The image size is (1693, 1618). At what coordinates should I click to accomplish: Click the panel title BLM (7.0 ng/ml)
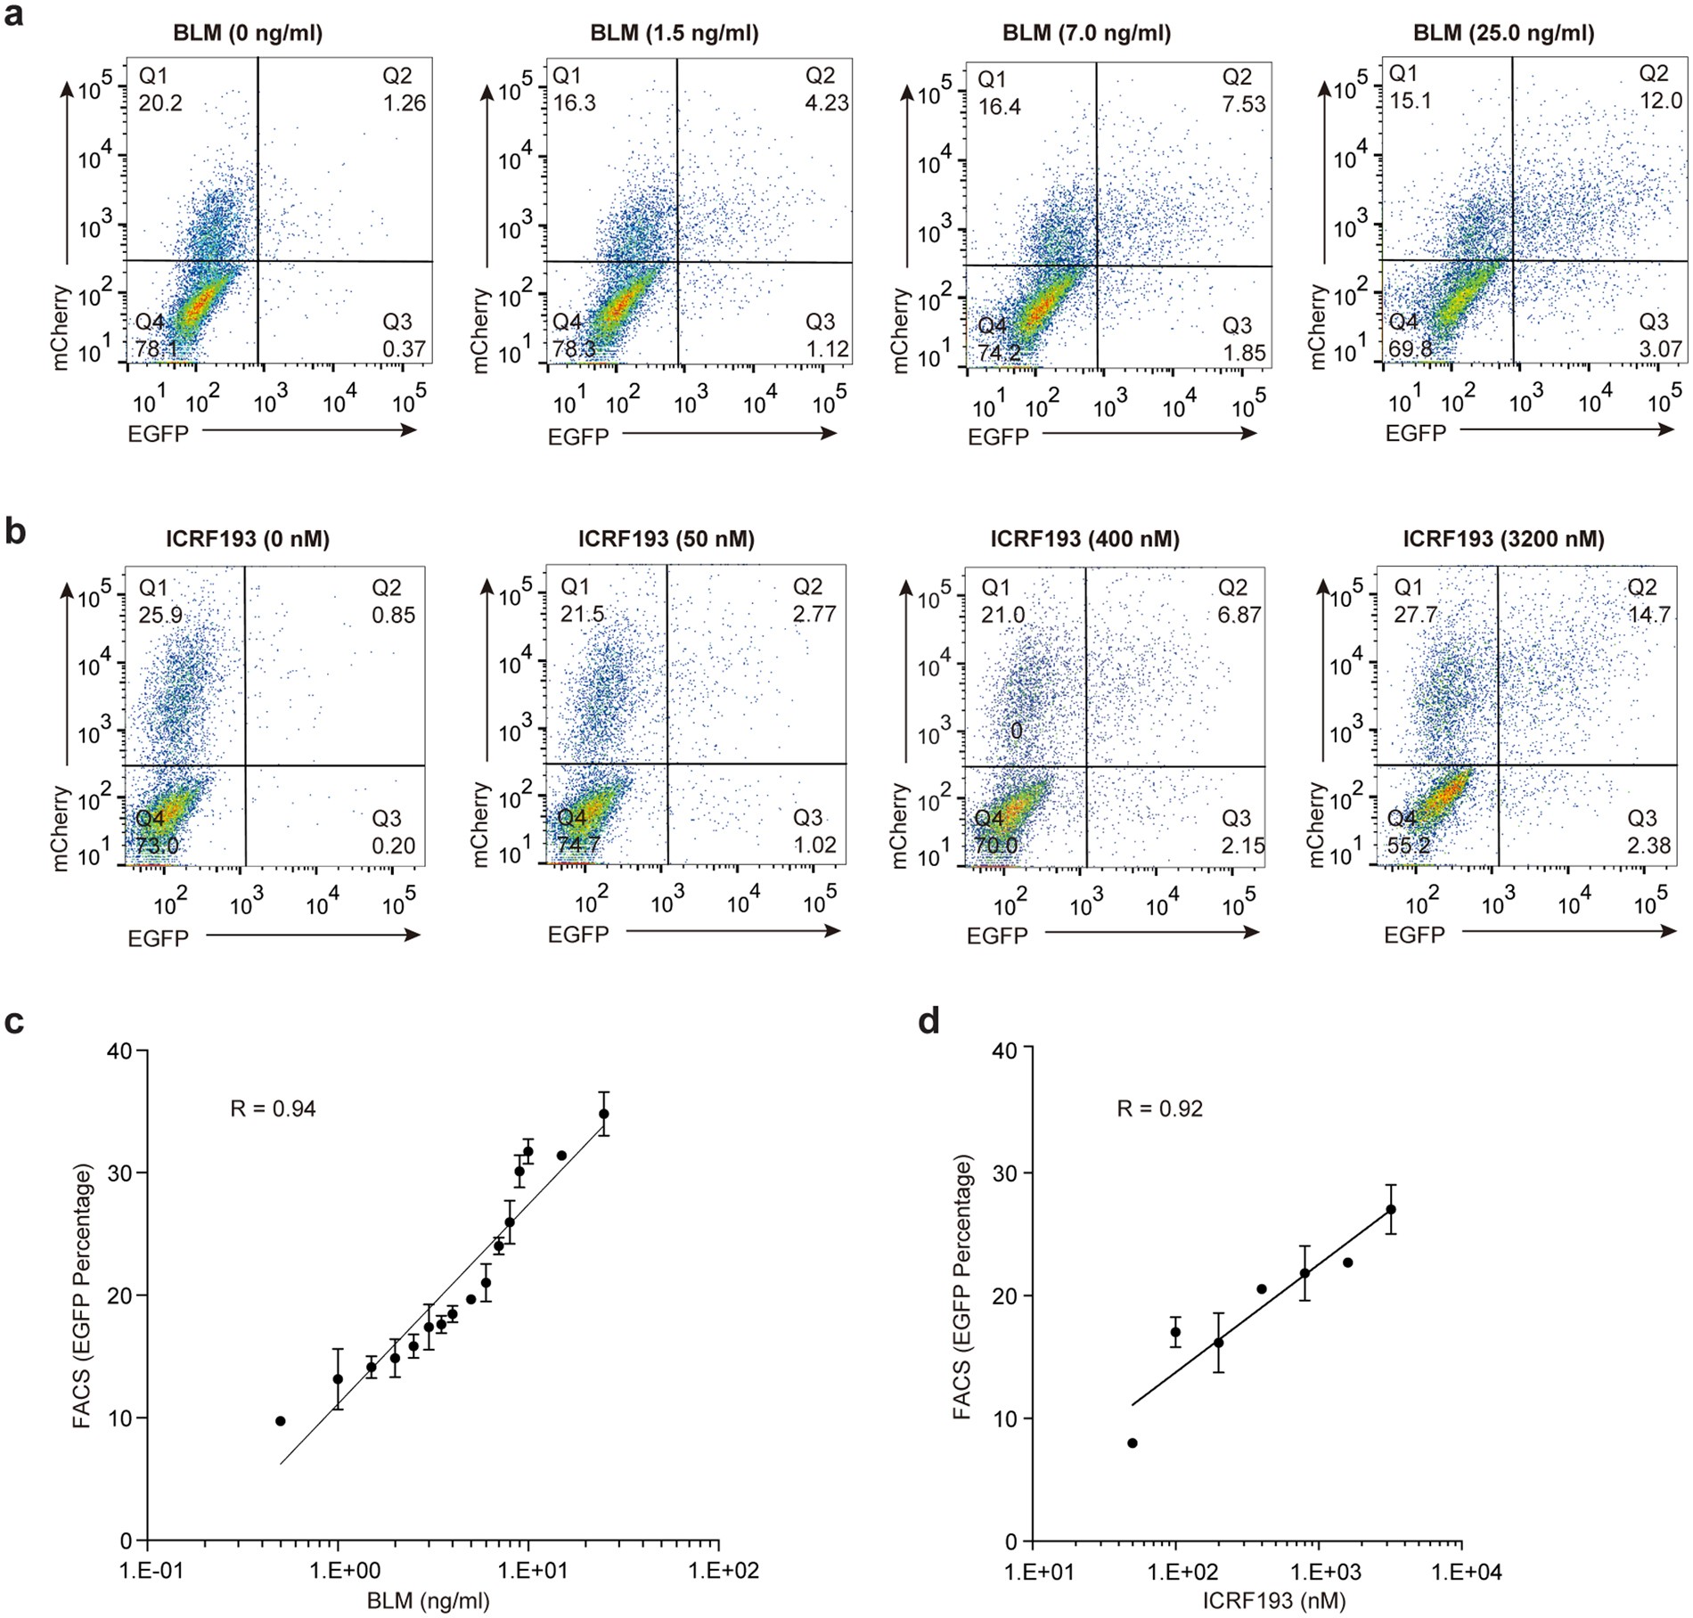pos(1086,34)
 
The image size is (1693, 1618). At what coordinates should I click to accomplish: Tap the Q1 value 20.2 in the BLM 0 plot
pos(160,103)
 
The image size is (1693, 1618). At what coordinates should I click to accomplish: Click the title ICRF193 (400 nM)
pos(1084,539)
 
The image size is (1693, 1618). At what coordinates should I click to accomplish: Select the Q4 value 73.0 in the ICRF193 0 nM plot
pos(157,845)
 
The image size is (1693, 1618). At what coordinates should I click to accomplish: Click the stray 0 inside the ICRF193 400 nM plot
pos(1016,731)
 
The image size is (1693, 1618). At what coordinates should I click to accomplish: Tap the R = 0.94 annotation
pos(273,1108)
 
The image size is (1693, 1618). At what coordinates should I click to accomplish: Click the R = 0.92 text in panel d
pos(1160,1108)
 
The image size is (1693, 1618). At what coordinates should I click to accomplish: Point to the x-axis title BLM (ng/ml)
pos(429,1601)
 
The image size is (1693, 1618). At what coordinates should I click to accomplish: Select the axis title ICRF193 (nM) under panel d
pos(1273,1601)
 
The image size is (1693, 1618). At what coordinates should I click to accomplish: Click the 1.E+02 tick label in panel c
pos(719,1571)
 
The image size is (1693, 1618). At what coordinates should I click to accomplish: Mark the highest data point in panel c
pos(603,1114)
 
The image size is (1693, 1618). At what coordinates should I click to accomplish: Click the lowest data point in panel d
pos(1133,1443)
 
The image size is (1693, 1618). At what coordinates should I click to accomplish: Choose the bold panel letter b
pos(15,532)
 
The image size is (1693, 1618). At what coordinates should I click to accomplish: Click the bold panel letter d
pos(929,1022)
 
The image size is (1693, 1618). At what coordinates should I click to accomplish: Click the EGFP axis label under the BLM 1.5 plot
pos(578,437)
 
